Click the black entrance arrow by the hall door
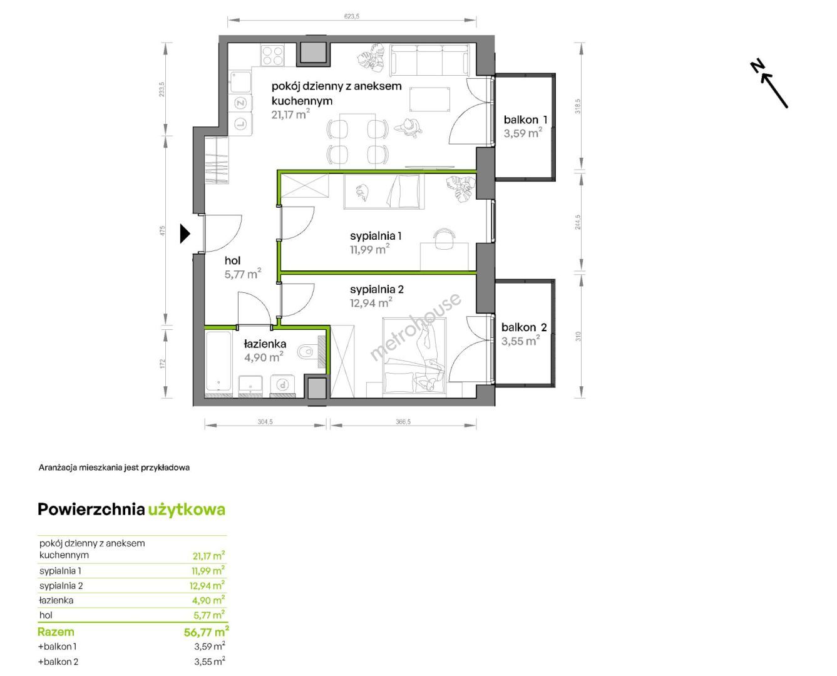click(185, 233)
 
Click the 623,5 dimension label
click(351, 16)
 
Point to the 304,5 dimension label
click(265, 422)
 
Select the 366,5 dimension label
click(403, 422)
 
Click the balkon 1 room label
click(525, 120)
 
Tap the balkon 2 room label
click(524, 327)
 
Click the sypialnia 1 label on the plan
click(376, 236)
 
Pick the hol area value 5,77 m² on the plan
click(243, 274)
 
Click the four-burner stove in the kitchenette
click(272, 55)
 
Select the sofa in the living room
click(430, 60)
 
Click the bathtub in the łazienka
click(218, 362)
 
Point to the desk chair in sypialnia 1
click(444, 238)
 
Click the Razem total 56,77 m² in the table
click(207, 632)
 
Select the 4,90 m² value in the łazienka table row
click(208, 600)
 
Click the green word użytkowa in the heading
click(187, 510)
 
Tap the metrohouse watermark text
click(415, 326)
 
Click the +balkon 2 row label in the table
click(58, 662)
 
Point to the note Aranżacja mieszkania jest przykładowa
click(114, 468)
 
